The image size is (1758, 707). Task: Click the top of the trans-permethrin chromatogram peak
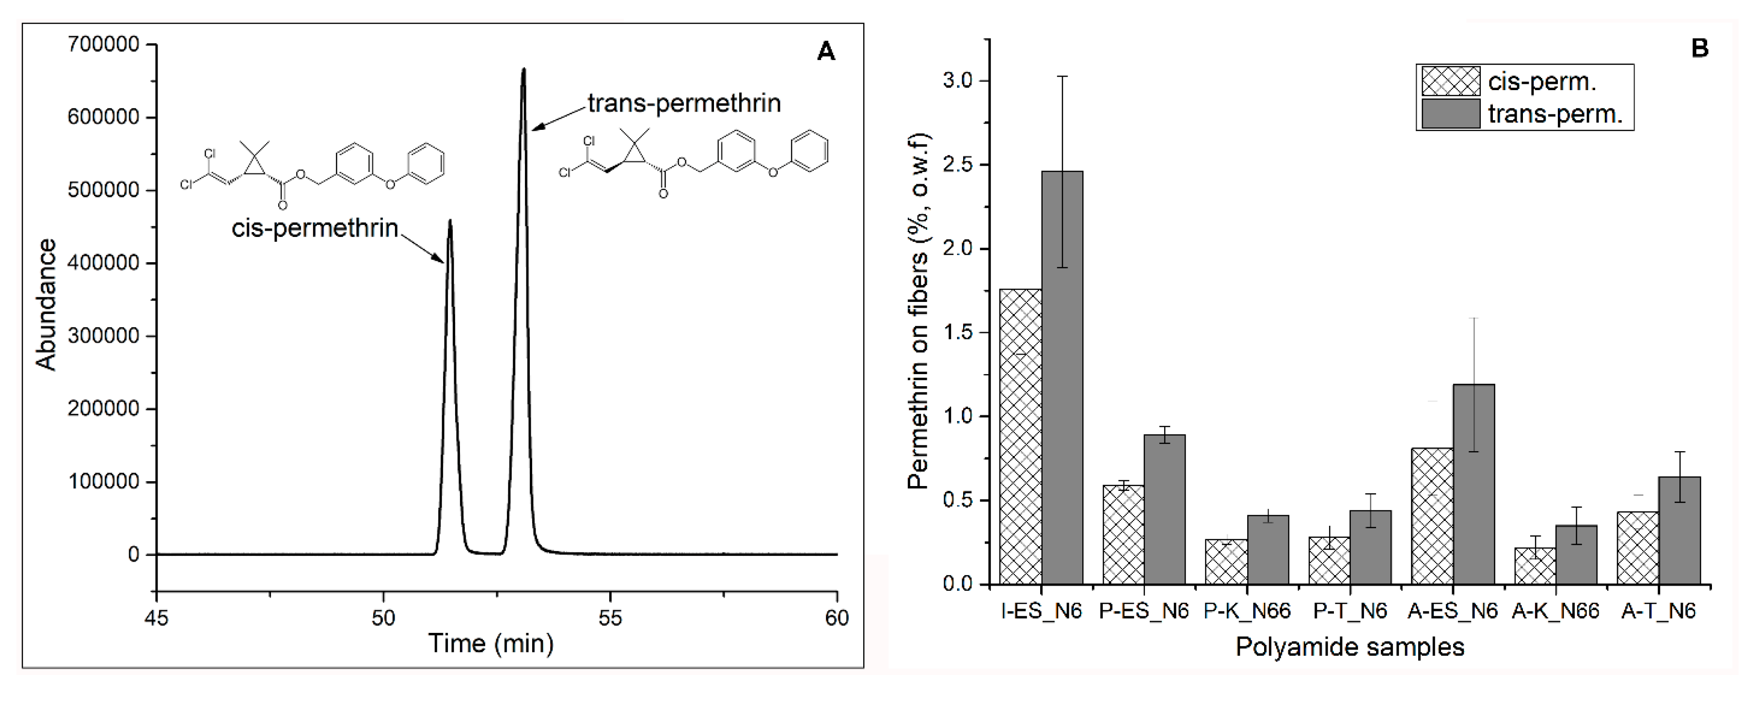[x=523, y=70]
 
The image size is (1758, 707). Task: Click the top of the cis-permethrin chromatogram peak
[x=450, y=221]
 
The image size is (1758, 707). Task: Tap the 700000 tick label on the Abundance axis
[x=104, y=45]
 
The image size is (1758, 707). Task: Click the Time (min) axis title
[x=491, y=644]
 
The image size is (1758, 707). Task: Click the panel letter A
[x=826, y=51]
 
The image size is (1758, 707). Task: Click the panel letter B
[x=1700, y=48]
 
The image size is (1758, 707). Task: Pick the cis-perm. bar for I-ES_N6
[x=1021, y=437]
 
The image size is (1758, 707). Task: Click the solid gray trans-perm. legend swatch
[x=1451, y=113]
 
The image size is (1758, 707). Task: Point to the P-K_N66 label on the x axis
[x=1248, y=612]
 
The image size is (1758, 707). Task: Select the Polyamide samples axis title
[x=1350, y=647]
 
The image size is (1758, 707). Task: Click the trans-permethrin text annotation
[x=684, y=103]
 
